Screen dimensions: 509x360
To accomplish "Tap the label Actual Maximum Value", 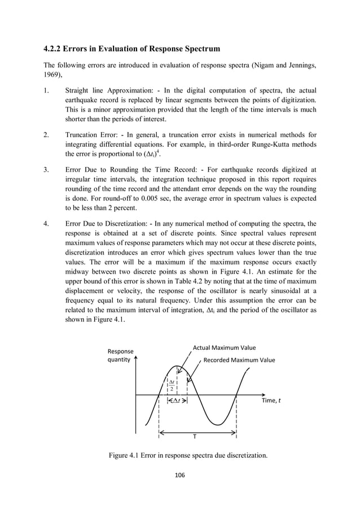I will (x=224, y=348).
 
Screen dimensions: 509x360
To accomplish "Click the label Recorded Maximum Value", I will (x=239, y=360).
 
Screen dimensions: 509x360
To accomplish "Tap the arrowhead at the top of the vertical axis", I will (x=136, y=358).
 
